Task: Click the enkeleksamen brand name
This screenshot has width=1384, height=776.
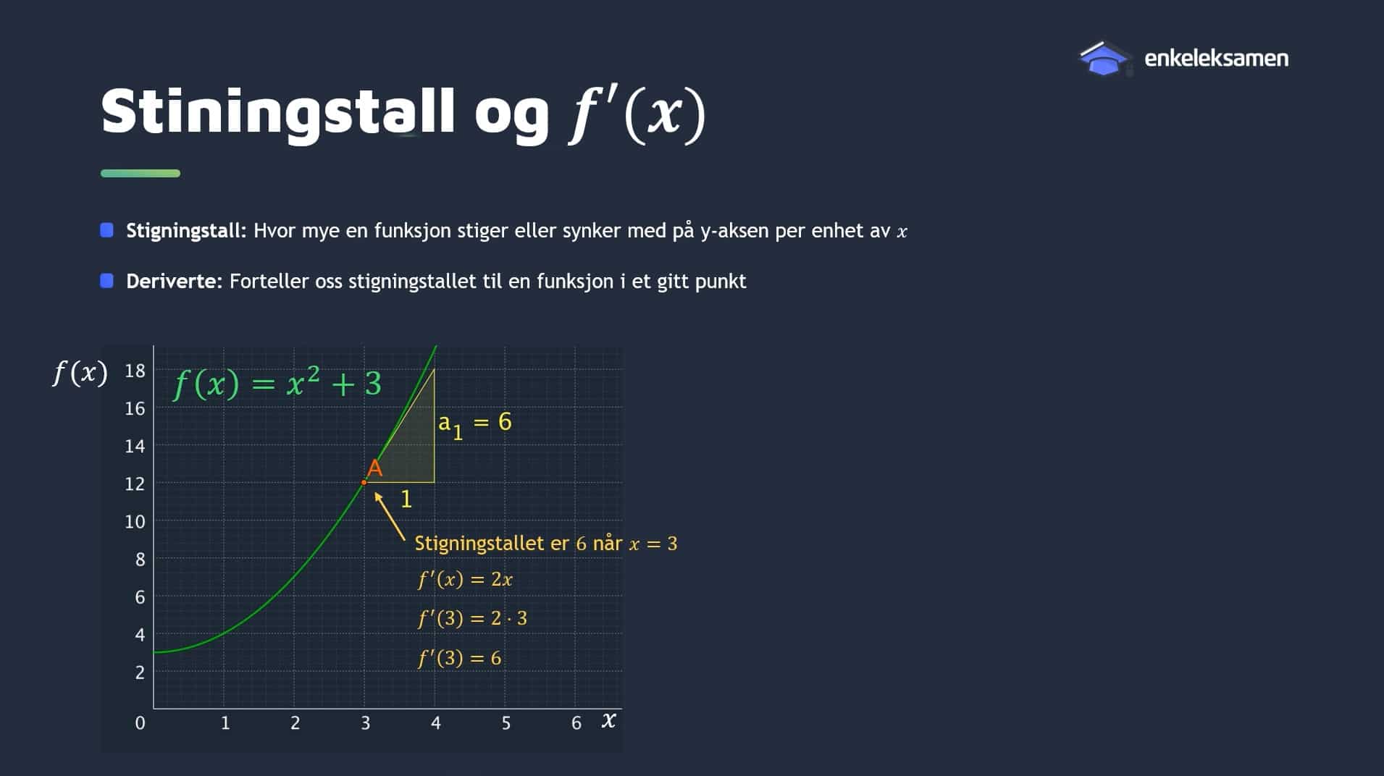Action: [x=1216, y=58]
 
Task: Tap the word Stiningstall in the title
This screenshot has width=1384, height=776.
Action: [x=278, y=112]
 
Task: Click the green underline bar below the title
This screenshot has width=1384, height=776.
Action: [x=141, y=173]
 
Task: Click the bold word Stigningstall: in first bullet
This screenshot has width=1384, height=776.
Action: [x=186, y=231]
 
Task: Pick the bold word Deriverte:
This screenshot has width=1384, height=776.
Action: [x=175, y=281]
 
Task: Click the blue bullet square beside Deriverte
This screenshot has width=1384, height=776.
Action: [x=106, y=281]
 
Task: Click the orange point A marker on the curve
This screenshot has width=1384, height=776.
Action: [x=364, y=482]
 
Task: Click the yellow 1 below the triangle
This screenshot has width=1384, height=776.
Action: [x=406, y=499]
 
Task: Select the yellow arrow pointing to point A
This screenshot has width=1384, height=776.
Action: [x=390, y=516]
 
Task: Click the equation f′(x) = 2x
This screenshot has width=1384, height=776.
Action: [x=465, y=579]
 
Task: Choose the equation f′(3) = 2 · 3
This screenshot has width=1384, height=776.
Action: [x=472, y=618]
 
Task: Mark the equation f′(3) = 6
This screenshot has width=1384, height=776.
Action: [x=459, y=658]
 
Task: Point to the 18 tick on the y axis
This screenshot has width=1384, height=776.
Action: [x=135, y=371]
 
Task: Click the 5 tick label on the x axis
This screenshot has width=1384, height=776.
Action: [x=506, y=722]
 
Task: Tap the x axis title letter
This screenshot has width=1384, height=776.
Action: [x=608, y=720]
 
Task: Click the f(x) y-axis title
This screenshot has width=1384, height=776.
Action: [x=80, y=373]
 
